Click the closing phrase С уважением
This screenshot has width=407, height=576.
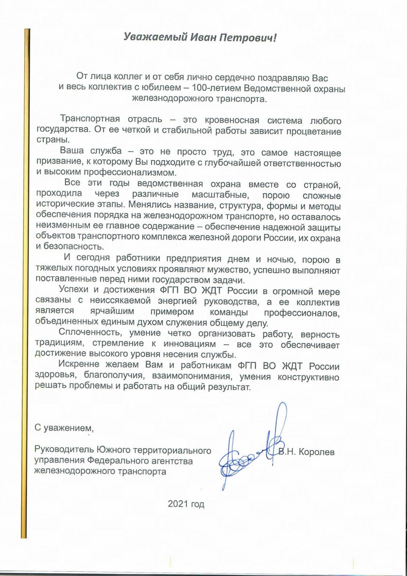64,428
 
